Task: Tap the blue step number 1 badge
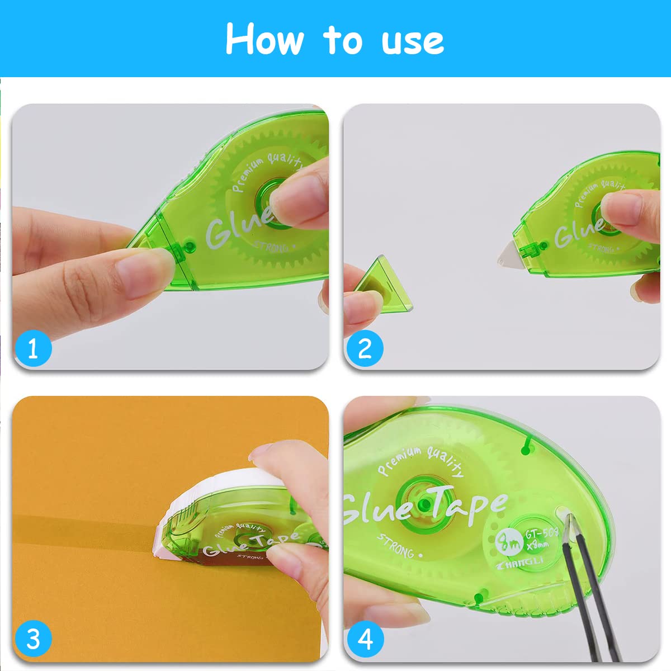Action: (x=33, y=348)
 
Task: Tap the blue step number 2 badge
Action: (x=365, y=348)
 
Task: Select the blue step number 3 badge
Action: (x=33, y=638)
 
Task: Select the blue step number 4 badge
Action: (x=365, y=638)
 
